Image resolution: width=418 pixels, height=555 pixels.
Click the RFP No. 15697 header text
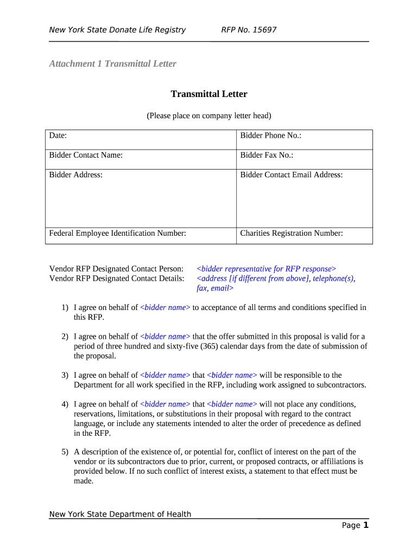pos(249,30)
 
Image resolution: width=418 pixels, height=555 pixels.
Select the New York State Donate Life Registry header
pos(117,30)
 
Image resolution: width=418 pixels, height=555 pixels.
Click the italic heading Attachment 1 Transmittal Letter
pos(112,64)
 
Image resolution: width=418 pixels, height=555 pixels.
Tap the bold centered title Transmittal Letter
pos(209,94)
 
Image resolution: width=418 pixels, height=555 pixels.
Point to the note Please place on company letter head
pos(209,115)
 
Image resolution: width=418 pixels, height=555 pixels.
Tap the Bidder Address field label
pos(75,175)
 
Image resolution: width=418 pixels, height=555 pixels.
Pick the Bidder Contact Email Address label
pos(291,175)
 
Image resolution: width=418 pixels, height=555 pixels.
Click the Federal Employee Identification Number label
pos(118,233)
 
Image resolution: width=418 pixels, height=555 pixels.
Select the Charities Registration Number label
pos(291,233)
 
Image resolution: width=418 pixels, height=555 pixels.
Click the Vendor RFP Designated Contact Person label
pos(116,269)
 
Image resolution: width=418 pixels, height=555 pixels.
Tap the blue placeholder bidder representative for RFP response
pos(266,269)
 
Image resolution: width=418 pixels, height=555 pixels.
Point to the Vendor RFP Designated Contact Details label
pos(116,279)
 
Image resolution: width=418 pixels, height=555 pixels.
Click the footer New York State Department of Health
pos(120,514)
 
